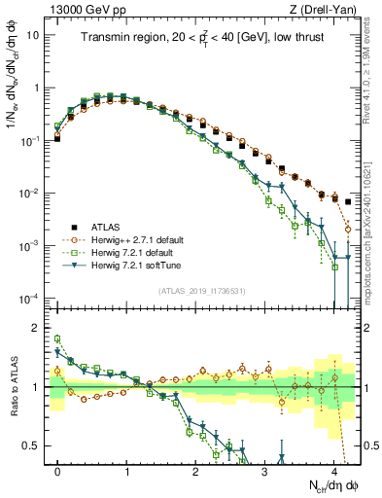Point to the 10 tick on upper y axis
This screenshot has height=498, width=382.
35,35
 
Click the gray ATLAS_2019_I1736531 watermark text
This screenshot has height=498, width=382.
202,291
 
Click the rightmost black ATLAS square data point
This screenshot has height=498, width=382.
348,201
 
